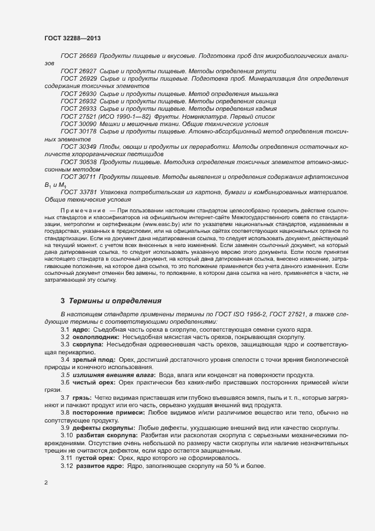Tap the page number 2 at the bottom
click(x=46, y=483)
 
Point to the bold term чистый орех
click(x=94, y=382)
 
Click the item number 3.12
click(x=67, y=466)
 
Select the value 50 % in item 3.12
click(x=226, y=466)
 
